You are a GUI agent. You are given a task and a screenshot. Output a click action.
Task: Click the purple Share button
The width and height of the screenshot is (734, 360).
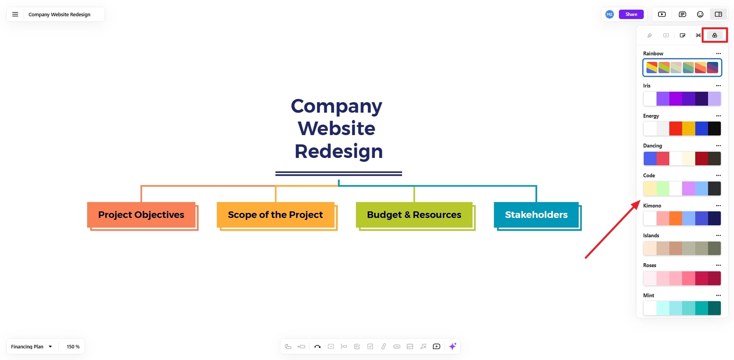click(631, 14)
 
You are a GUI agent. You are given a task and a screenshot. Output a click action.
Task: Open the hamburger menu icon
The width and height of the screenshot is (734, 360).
click(15, 14)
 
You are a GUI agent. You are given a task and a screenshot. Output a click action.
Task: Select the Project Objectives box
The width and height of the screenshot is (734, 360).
click(141, 215)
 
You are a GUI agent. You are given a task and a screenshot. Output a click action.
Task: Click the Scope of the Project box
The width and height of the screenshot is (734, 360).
click(275, 215)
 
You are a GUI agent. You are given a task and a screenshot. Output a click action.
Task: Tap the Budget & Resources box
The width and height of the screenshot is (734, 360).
click(414, 215)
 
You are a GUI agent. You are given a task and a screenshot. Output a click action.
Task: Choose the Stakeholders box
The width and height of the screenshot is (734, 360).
click(536, 215)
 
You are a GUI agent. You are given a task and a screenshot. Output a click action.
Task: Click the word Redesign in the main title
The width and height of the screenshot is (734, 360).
click(339, 151)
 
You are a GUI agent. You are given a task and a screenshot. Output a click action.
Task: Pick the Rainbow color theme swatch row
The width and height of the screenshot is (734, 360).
click(682, 67)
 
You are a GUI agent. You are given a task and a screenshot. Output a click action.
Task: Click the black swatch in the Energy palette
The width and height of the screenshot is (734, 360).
click(714, 129)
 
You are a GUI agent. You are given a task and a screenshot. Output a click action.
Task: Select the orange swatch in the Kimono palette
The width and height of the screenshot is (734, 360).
click(676, 218)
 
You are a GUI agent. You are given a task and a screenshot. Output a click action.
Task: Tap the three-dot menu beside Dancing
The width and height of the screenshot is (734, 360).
click(719, 146)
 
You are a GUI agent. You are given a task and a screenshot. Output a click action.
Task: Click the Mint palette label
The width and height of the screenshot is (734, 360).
click(649, 295)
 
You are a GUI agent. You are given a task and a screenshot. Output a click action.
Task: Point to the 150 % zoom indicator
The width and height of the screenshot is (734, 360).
click(73, 346)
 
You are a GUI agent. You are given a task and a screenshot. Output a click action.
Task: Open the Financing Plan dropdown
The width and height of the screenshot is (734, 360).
click(31, 346)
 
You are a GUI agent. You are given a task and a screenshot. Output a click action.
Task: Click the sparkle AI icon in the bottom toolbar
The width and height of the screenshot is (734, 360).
click(452, 346)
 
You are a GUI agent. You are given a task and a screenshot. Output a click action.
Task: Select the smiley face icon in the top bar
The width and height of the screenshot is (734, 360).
click(700, 14)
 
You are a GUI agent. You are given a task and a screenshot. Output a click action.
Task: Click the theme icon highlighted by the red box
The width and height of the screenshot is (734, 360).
click(715, 35)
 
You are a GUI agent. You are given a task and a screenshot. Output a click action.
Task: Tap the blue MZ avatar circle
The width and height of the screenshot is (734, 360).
click(610, 14)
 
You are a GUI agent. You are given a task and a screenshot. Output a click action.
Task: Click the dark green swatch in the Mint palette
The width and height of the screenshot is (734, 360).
click(714, 308)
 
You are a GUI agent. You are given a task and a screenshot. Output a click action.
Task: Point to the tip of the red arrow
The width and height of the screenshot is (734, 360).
click(640, 201)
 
